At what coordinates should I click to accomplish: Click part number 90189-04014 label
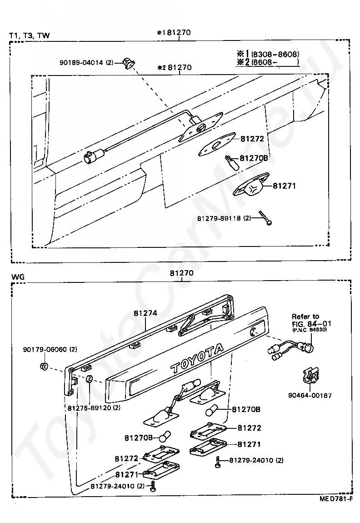pos(86,62)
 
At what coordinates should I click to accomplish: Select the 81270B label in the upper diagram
pos(254,158)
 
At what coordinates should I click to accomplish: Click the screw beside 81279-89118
pos(265,218)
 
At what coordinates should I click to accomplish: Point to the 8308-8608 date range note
pos(275,55)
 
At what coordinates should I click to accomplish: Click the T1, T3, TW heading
pos(30,35)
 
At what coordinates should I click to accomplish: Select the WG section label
pos(18,277)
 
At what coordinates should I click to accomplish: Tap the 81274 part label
pos(145,313)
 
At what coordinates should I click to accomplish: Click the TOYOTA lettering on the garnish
pos(197,358)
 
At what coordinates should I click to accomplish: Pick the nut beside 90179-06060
pos(43,366)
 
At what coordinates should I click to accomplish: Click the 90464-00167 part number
pos(310,396)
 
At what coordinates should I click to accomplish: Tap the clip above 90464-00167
pos(310,376)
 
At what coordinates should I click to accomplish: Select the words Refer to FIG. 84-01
pos(310,320)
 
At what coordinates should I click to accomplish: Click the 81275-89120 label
pos(94,407)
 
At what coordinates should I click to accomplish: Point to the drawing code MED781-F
pos(335,508)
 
